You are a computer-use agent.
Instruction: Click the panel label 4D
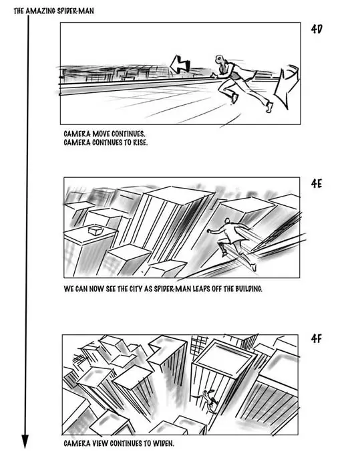[x=317, y=29]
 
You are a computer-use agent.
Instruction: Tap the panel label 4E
[x=317, y=184]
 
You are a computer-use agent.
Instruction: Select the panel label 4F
[x=316, y=338]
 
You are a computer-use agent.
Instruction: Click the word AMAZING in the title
[x=41, y=11]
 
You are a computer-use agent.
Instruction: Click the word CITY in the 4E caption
[x=136, y=289]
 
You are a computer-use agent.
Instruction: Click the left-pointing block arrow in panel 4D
[x=180, y=64]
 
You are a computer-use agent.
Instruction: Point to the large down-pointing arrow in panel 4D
[x=286, y=86]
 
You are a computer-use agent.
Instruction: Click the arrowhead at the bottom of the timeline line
[x=25, y=441]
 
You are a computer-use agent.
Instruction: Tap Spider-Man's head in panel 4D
[x=220, y=59]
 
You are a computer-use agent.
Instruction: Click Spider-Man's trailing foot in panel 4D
[x=269, y=107]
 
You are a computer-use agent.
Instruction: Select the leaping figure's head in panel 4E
[x=228, y=221]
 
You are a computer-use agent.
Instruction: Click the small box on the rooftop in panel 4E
[x=96, y=231]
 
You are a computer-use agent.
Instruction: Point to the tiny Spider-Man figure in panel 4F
[x=206, y=399]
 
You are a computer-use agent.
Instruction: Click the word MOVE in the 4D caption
[x=101, y=134]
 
